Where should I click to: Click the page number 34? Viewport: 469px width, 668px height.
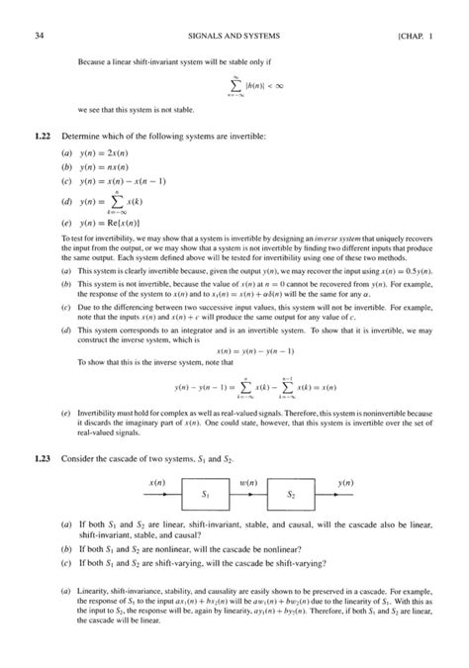coord(39,12)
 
